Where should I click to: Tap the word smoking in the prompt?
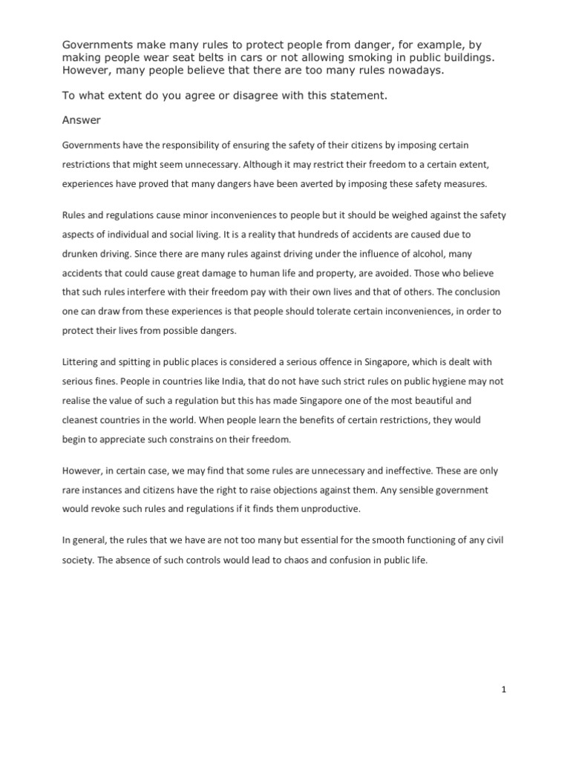pyautogui.click(x=348, y=58)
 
